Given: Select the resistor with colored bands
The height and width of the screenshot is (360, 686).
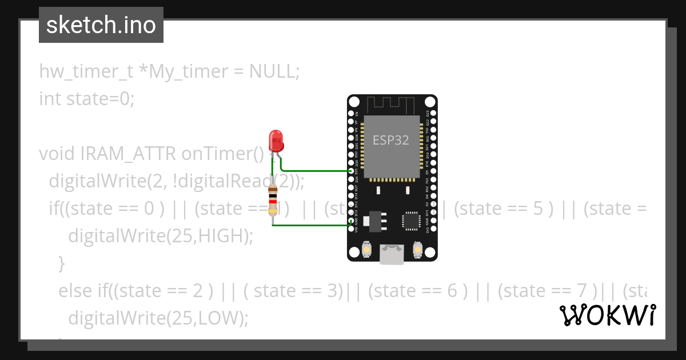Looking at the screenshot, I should pyautogui.click(x=273, y=201).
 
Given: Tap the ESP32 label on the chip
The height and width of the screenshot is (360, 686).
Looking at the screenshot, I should pyautogui.click(x=391, y=140).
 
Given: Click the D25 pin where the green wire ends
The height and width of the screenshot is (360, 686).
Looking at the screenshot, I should pyautogui.click(x=351, y=171).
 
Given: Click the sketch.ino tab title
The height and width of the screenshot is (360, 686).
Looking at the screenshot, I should pyautogui.click(x=101, y=25).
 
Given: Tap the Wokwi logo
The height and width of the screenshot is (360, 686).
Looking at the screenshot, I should pyautogui.click(x=607, y=315).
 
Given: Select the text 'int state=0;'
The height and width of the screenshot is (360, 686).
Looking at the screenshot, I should pyautogui.click(x=86, y=99).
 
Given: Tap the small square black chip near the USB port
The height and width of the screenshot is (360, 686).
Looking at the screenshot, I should pyautogui.click(x=412, y=221).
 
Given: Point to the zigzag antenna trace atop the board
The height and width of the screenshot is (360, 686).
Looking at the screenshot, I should pyautogui.click(x=392, y=105).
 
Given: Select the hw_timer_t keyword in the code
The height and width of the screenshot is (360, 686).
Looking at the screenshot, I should pyautogui.click(x=86, y=71).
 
